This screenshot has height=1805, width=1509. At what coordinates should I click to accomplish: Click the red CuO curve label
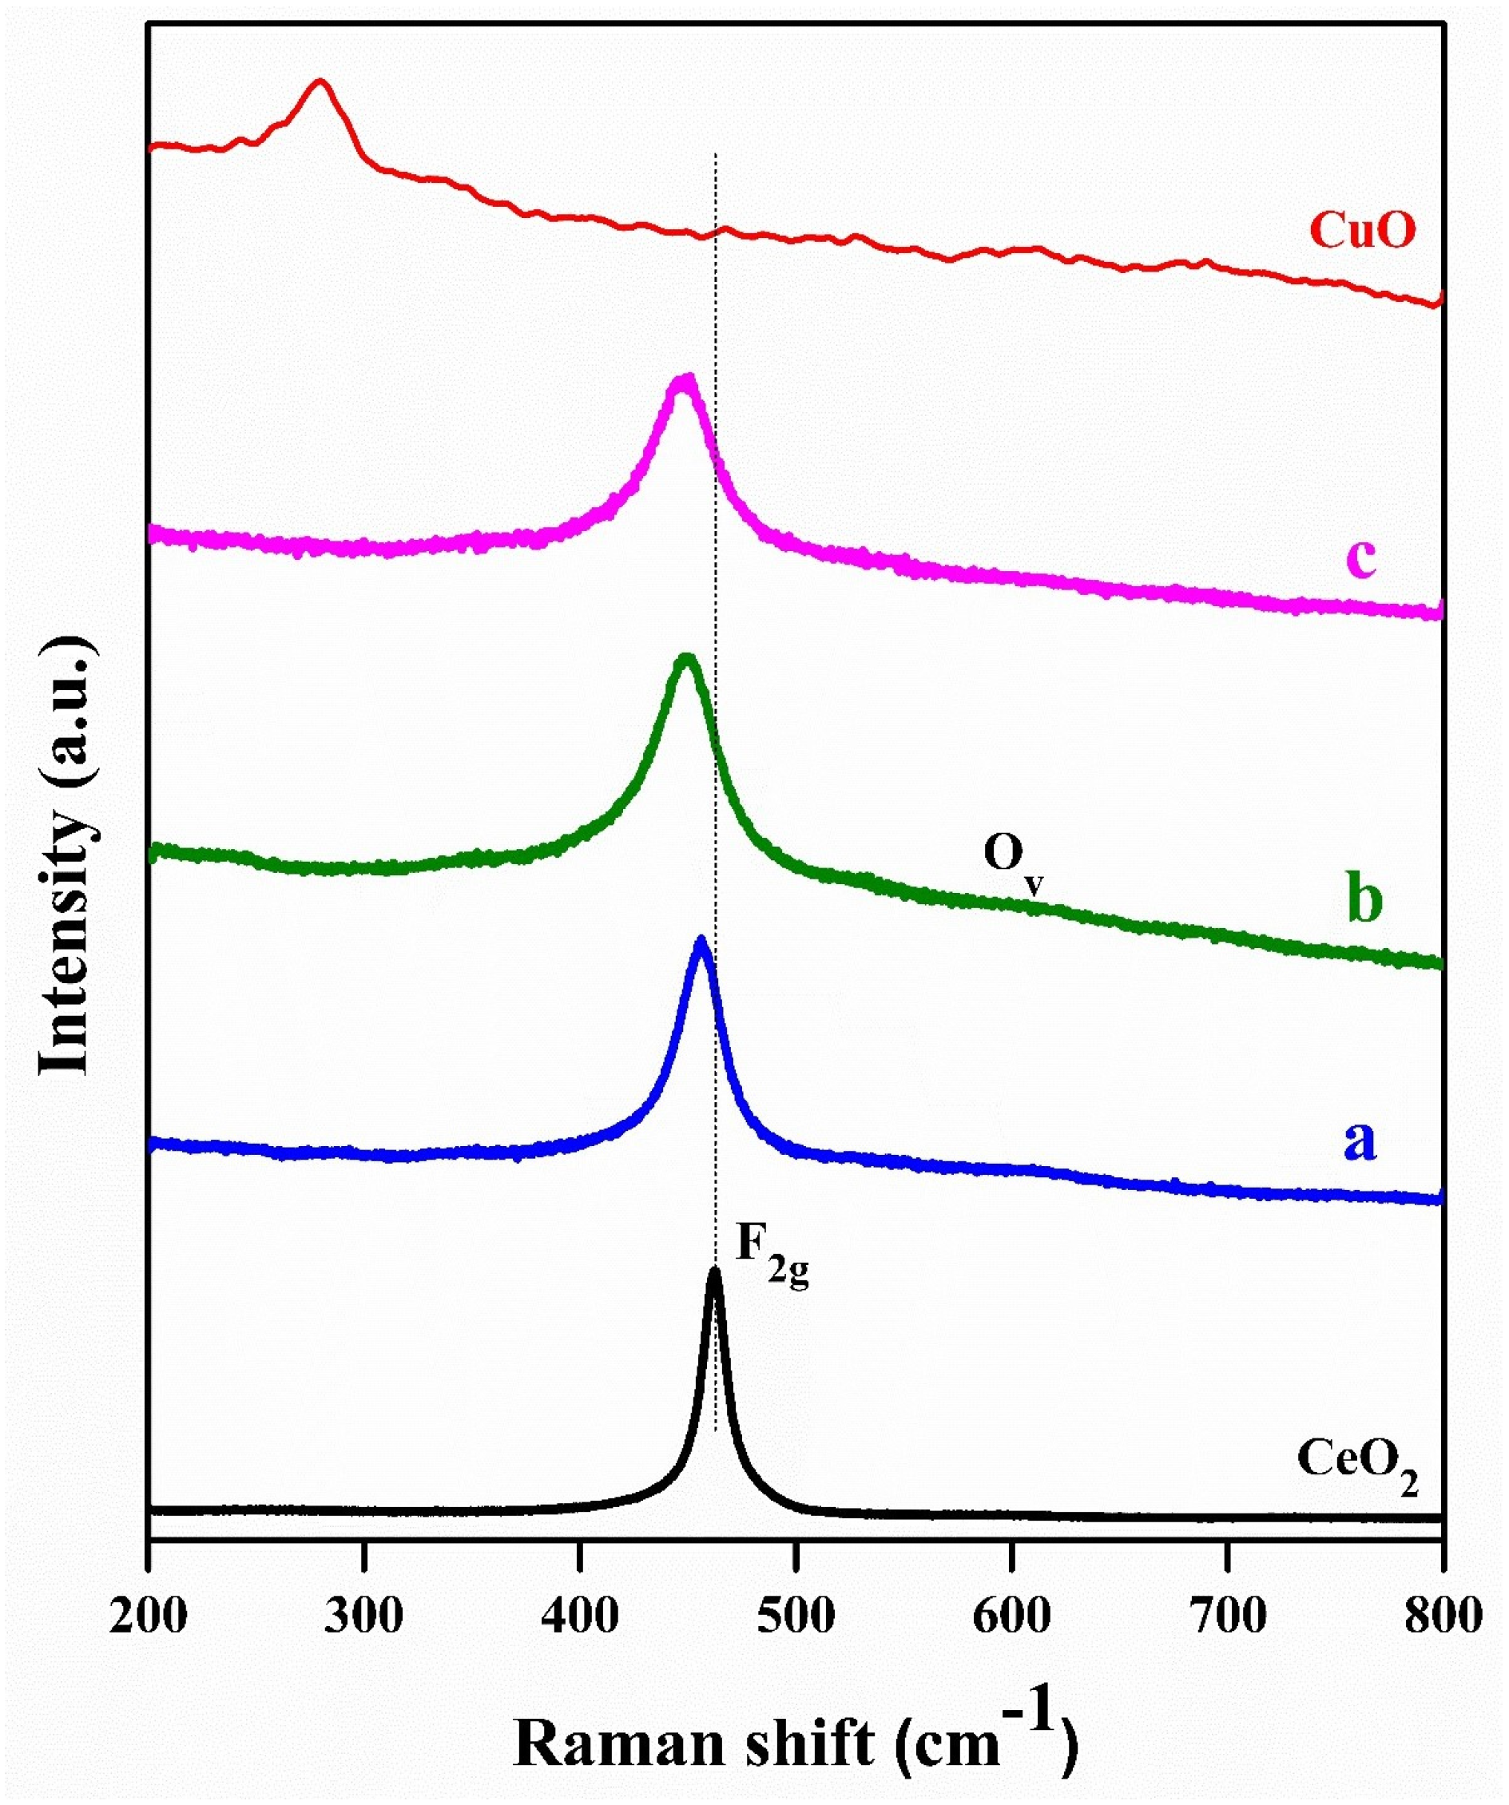1362,231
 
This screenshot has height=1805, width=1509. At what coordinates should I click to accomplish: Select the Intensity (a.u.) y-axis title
65,855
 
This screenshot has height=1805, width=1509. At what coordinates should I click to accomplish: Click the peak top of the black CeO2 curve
713,1272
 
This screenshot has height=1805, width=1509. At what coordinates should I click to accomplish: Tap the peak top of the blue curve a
701,940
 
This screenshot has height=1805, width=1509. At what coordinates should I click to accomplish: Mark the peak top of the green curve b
685,658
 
